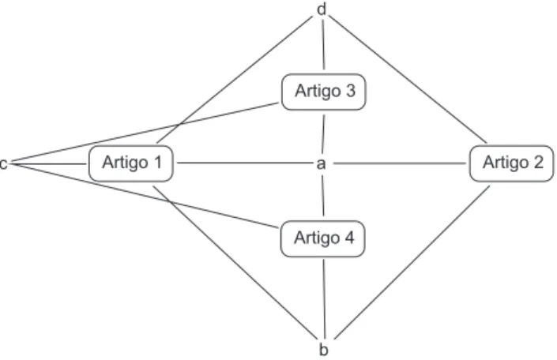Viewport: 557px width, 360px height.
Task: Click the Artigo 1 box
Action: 131,163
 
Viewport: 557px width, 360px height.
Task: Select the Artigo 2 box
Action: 511,163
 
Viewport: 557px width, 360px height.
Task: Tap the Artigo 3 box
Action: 324,92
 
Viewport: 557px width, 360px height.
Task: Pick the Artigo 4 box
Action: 323,238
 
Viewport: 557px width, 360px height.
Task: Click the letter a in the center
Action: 321,164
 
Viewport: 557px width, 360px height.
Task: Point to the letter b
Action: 323,350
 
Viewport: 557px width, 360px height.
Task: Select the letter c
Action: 3,164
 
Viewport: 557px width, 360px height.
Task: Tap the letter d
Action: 321,9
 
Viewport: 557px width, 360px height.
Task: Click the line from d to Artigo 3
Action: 323,45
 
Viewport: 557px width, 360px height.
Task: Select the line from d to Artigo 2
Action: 408,80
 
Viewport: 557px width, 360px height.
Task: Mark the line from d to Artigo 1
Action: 235,80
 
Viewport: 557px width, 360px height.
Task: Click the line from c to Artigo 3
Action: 145,133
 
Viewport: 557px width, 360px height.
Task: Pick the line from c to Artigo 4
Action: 145,196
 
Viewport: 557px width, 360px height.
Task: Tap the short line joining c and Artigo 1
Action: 48,164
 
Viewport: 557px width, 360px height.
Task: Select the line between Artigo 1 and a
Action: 244,163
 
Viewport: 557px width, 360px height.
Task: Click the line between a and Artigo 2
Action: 400,163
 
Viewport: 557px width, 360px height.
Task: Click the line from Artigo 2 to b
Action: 412,261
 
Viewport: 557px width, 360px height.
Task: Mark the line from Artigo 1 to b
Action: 235,261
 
